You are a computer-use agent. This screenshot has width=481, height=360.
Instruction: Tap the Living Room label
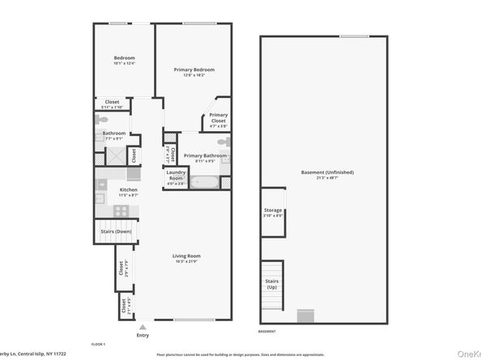186,256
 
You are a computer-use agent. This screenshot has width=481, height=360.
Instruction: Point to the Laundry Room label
176,175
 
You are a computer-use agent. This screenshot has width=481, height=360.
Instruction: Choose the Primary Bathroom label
205,155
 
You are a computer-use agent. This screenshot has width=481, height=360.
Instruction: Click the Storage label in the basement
273,211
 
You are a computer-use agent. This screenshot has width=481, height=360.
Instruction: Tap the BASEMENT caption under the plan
266,332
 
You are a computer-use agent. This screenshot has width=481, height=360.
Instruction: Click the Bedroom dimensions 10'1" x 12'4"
124,63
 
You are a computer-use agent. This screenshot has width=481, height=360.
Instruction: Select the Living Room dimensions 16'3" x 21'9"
186,261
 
